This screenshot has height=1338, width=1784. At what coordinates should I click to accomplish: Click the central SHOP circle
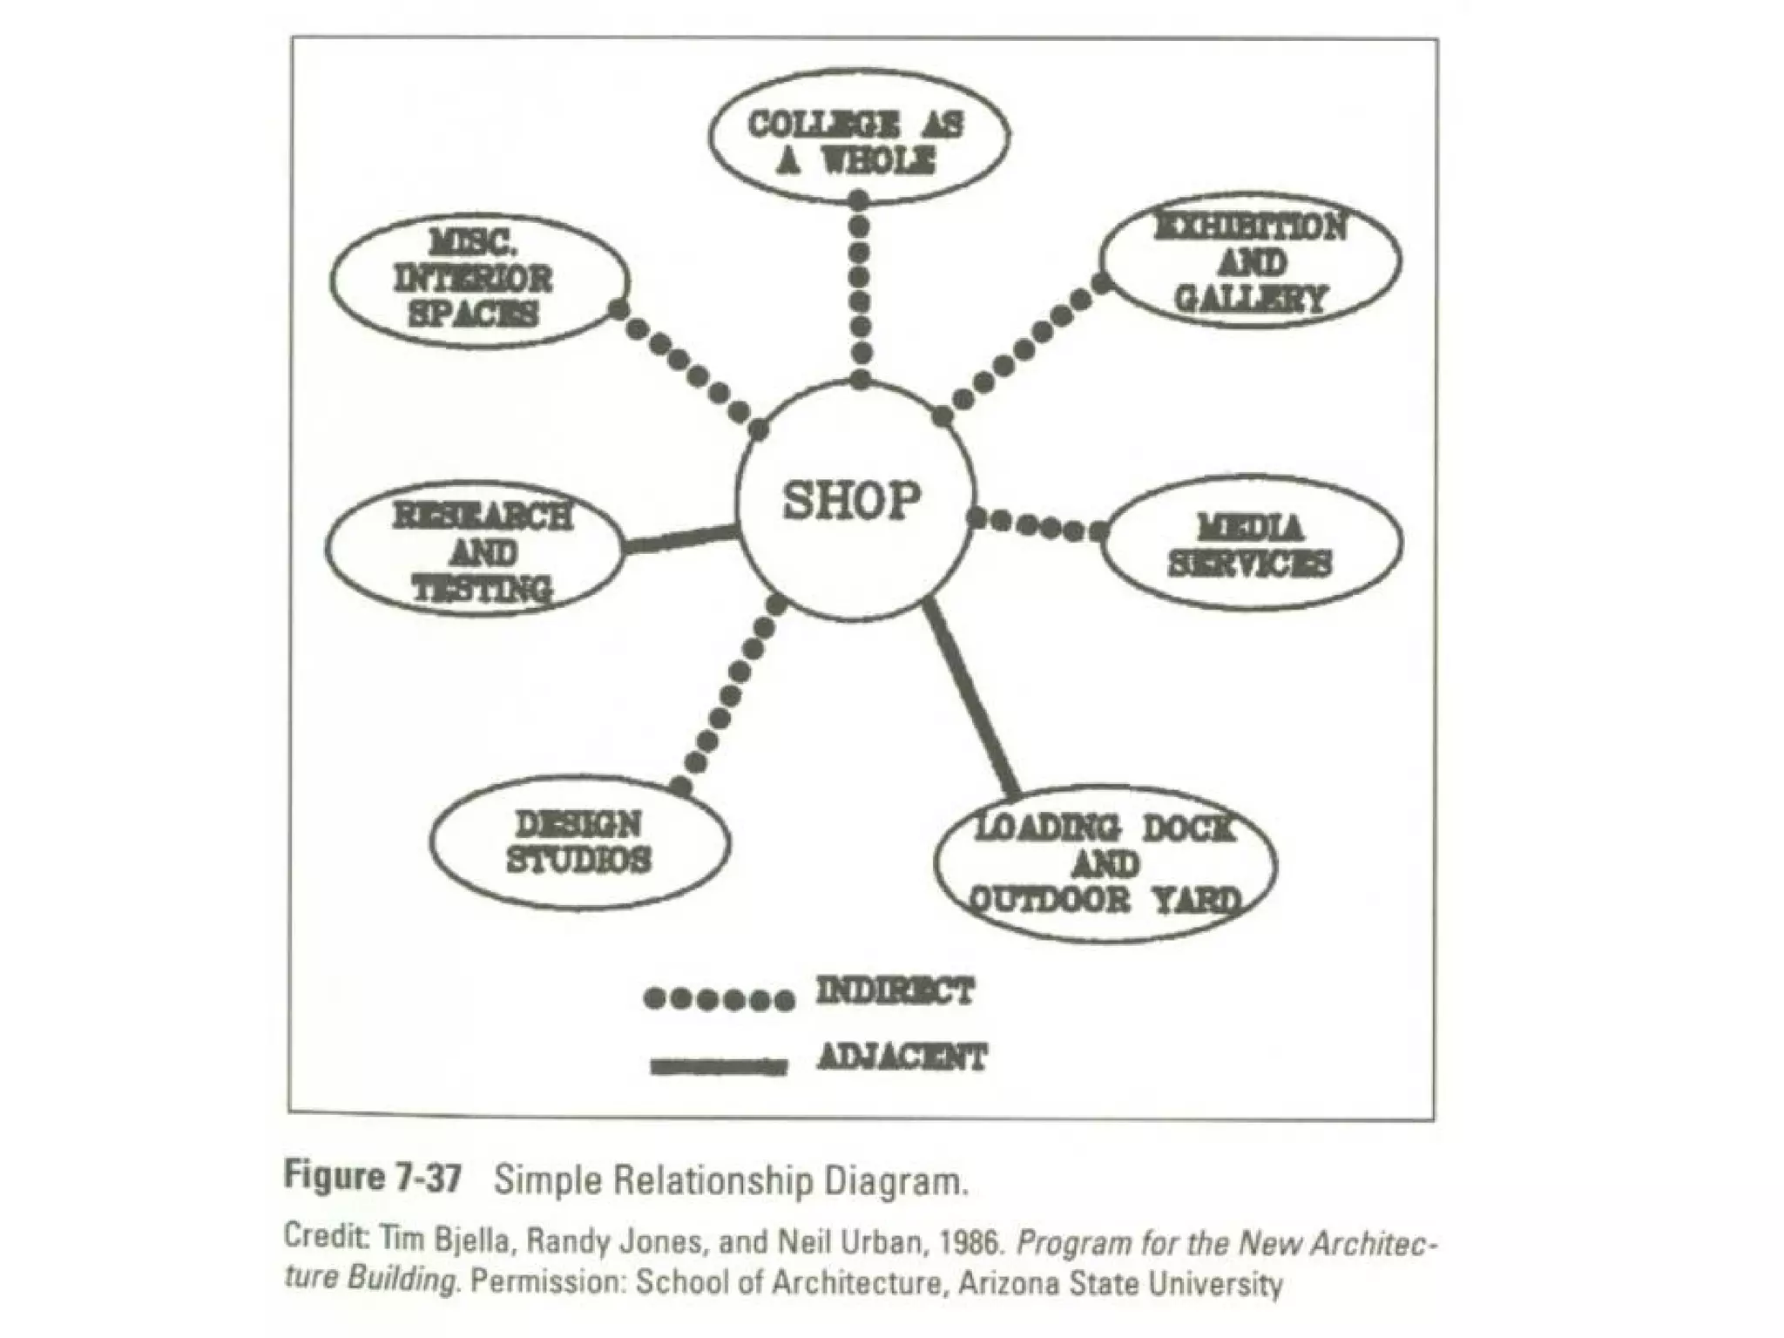pos(854,502)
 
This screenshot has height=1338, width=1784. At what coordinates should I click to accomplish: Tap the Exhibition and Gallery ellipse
pos(1251,261)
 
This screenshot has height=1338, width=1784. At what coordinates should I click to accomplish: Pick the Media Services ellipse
pos(1251,544)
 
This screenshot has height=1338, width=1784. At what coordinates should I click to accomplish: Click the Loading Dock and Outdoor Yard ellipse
pos(1105,862)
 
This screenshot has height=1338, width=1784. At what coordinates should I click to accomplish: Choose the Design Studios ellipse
pos(579,841)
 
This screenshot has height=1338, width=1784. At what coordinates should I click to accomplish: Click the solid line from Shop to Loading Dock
pos(970,697)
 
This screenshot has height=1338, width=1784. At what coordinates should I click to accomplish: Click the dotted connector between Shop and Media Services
pos(1037,524)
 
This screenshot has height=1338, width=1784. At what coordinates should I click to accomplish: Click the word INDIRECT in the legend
pos(895,991)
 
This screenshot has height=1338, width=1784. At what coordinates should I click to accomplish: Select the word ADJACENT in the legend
pos(902,1058)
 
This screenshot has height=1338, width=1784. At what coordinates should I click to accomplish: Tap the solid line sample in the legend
pos(719,1065)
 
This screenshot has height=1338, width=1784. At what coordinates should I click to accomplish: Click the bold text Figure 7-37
pos(373,1178)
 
